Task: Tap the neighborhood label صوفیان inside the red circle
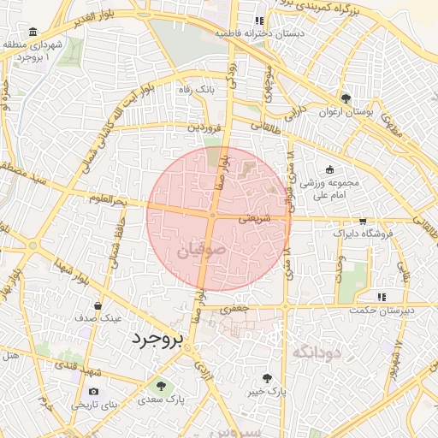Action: [203, 253]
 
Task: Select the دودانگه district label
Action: [317, 352]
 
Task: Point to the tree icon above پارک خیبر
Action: [267, 377]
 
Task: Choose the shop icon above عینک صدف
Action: [98, 305]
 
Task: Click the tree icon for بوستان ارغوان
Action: [346, 98]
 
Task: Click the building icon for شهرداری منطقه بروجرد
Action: [32, 33]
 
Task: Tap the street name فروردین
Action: [205, 127]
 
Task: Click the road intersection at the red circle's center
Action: [212, 216]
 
